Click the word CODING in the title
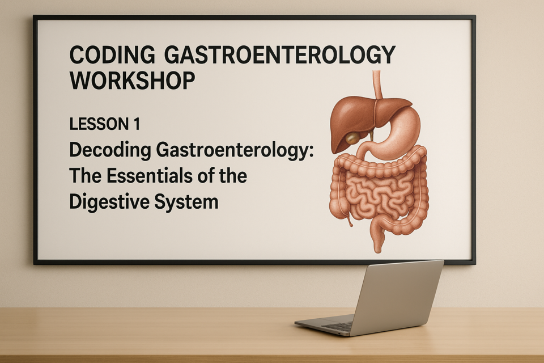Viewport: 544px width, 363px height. pos(112,54)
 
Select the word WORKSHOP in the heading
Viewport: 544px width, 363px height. pos(132,81)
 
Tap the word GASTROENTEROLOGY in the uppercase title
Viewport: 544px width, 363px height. pos(279,54)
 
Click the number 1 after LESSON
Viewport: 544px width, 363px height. pos(137,124)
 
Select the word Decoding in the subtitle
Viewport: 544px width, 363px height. pos(110,150)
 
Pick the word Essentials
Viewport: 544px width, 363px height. pos(150,176)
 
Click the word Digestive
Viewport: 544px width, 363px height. pos(109,202)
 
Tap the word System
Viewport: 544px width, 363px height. pos(186,202)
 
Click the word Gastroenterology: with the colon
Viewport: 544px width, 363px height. pos(235,150)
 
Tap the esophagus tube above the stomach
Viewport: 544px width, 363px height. pos(378,85)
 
